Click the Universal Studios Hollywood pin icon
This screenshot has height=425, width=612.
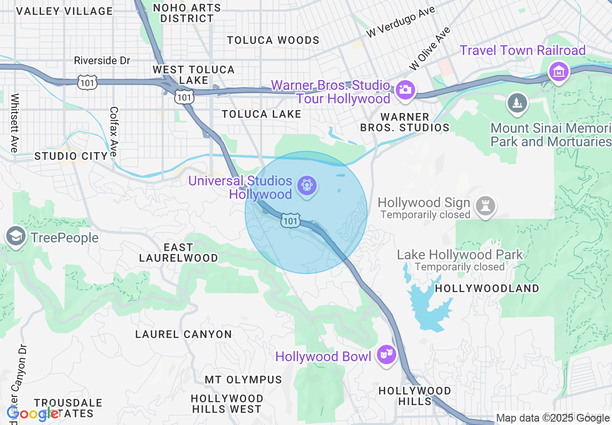[x=306, y=185]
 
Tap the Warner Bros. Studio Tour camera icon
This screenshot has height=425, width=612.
[x=405, y=90]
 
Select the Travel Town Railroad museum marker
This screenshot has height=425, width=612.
[x=558, y=72]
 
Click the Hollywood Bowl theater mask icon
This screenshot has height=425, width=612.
[x=386, y=355]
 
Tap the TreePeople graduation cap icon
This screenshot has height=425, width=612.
[x=16, y=237]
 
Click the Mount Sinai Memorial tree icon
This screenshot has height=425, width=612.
[x=517, y=103]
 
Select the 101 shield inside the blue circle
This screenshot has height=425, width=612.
[x=290, y=221]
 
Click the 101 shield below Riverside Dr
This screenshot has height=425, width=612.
[x=87, y=82]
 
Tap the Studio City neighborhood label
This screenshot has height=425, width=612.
[x=71, y=156]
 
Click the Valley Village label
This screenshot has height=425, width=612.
[x=64, y=11]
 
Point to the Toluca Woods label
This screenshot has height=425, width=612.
[x=273, y=40]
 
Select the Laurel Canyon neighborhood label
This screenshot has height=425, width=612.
[x=183, y=334]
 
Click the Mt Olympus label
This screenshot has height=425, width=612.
[x=243, y=380]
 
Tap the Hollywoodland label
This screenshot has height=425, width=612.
[x=487, y=288]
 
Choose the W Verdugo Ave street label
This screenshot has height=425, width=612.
[x=401, y=22]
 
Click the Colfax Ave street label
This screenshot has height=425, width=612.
[x=114, y=131]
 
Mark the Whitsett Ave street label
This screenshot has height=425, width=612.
[x=14, y=123]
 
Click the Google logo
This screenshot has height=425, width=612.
[x=32, y=413]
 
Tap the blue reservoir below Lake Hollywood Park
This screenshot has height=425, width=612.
[x=430, y=304]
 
